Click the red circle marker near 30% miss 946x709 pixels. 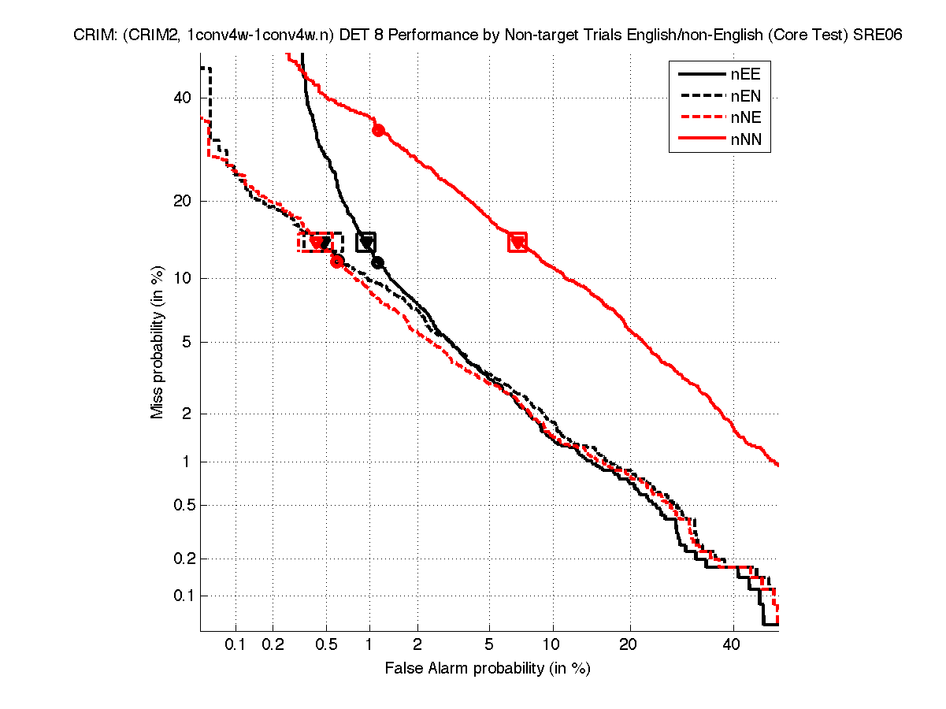[378, 130]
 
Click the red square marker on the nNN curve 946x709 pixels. [518, 243]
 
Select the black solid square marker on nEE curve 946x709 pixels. [366, 243]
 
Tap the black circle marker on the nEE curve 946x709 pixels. [378, 262]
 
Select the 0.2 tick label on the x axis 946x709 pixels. [273, 645]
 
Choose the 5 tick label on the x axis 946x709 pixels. [489, 645]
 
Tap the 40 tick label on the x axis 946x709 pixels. [733, 645]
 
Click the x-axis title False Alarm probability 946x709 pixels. [488, 669]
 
